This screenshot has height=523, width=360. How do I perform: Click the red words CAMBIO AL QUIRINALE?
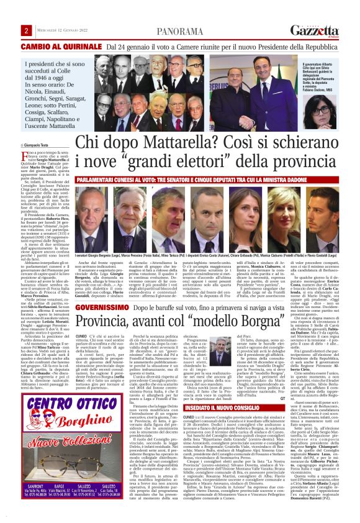[61, 47]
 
